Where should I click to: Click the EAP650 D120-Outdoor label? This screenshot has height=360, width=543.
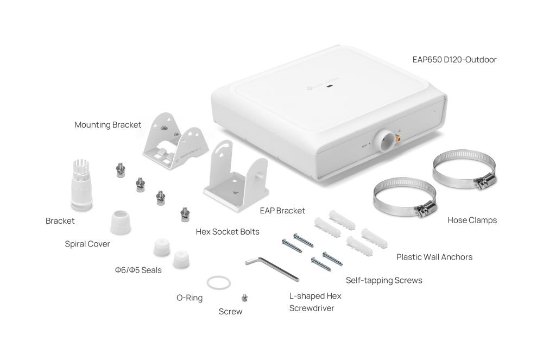pyautogui.click(x=454, y=60)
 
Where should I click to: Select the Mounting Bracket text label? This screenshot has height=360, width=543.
pyautogui.click(x=108, y=125)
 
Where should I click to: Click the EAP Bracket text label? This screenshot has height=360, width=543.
pyautogui.click(x=282, y=210)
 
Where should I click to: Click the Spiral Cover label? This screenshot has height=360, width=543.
pyautogui.click(x=87, y=244)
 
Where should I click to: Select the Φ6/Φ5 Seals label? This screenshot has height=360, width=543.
pyautogui.click(x=138, y=270)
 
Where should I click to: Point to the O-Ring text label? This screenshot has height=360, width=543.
pyautogui.click(x=190, y=298)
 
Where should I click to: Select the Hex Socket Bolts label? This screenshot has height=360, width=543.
pyautogui.click(x=228, y=232)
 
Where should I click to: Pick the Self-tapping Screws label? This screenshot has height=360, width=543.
pyautogui.click(x=384, y=280)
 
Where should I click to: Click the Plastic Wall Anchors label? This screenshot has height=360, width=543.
pyautogui.click(x=434, y=257)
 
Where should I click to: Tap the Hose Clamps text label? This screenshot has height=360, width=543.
pyautogui.click(x=472, y=220)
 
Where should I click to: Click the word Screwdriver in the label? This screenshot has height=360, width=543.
pyautogui.click(x=312, y=308)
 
